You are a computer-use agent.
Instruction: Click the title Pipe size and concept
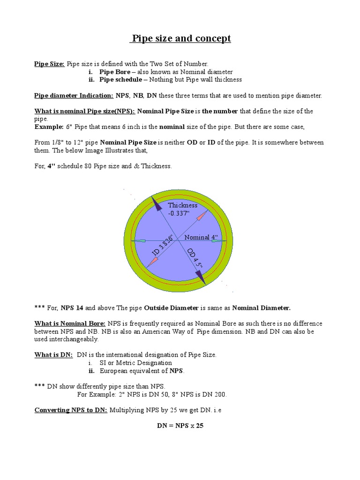point(180,38)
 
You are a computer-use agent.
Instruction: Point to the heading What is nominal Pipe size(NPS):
point(84,112)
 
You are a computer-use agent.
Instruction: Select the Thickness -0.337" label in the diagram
point(183,209)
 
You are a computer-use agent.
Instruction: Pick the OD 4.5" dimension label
point(194,259)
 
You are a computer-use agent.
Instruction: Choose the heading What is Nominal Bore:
point(70,324)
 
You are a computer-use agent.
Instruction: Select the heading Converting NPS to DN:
point(71,410)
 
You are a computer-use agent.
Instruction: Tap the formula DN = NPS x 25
point(180,426)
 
